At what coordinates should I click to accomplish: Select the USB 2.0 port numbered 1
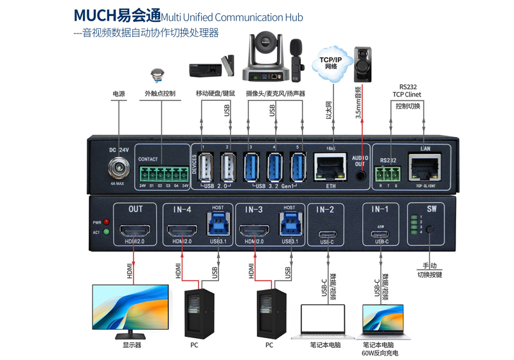pyautogui.click(x=206, y=168)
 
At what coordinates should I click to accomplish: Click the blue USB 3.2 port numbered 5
pyautogui.click(x=297, y=168)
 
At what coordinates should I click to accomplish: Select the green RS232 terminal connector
pyautogui.click(x=389, y=174)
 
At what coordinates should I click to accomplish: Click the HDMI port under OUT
pyautogui.click(x=136, y=230)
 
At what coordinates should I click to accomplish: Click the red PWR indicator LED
pyautogui.click(x=106, y=222)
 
